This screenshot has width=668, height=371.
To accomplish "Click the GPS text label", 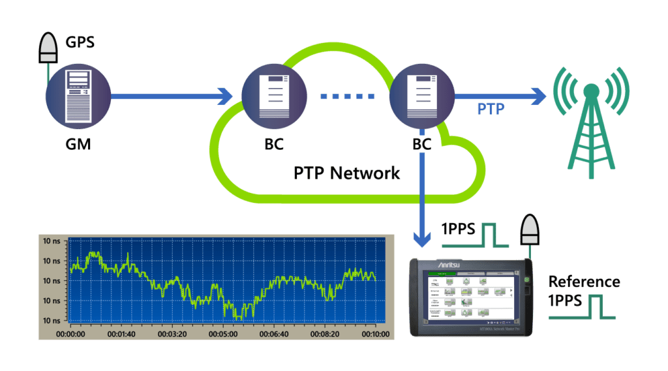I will [80, 43].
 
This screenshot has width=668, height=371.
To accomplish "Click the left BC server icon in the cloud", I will [274, 96].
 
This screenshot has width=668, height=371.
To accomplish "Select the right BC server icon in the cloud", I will [421, 96].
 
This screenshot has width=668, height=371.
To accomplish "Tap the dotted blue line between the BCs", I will [348, 97].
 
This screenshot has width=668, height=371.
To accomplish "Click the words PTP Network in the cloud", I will [346, 172].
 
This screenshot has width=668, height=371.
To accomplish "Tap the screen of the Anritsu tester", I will [468, 297].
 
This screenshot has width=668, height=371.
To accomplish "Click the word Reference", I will [584, 282].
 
